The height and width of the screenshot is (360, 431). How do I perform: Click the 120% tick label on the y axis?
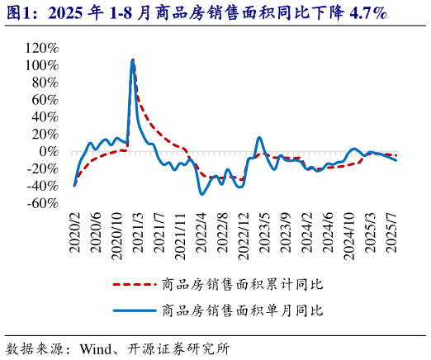tap(41, 48)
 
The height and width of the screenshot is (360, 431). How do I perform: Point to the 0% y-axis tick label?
tap(49, 151)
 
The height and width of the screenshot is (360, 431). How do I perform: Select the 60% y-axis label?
tap(45, 100)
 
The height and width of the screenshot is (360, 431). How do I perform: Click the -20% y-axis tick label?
tap(43, 168)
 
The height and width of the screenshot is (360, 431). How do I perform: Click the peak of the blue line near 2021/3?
tap(132, 60)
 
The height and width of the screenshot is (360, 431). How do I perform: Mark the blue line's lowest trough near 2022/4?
tap(201, 194)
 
